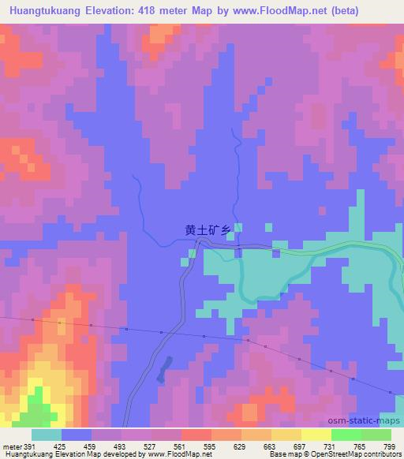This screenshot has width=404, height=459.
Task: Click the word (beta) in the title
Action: click(x=380, y=9)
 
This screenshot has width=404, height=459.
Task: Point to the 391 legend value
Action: click(x=28, y=446)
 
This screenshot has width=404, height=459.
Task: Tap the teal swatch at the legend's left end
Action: click(x=47, y=435)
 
